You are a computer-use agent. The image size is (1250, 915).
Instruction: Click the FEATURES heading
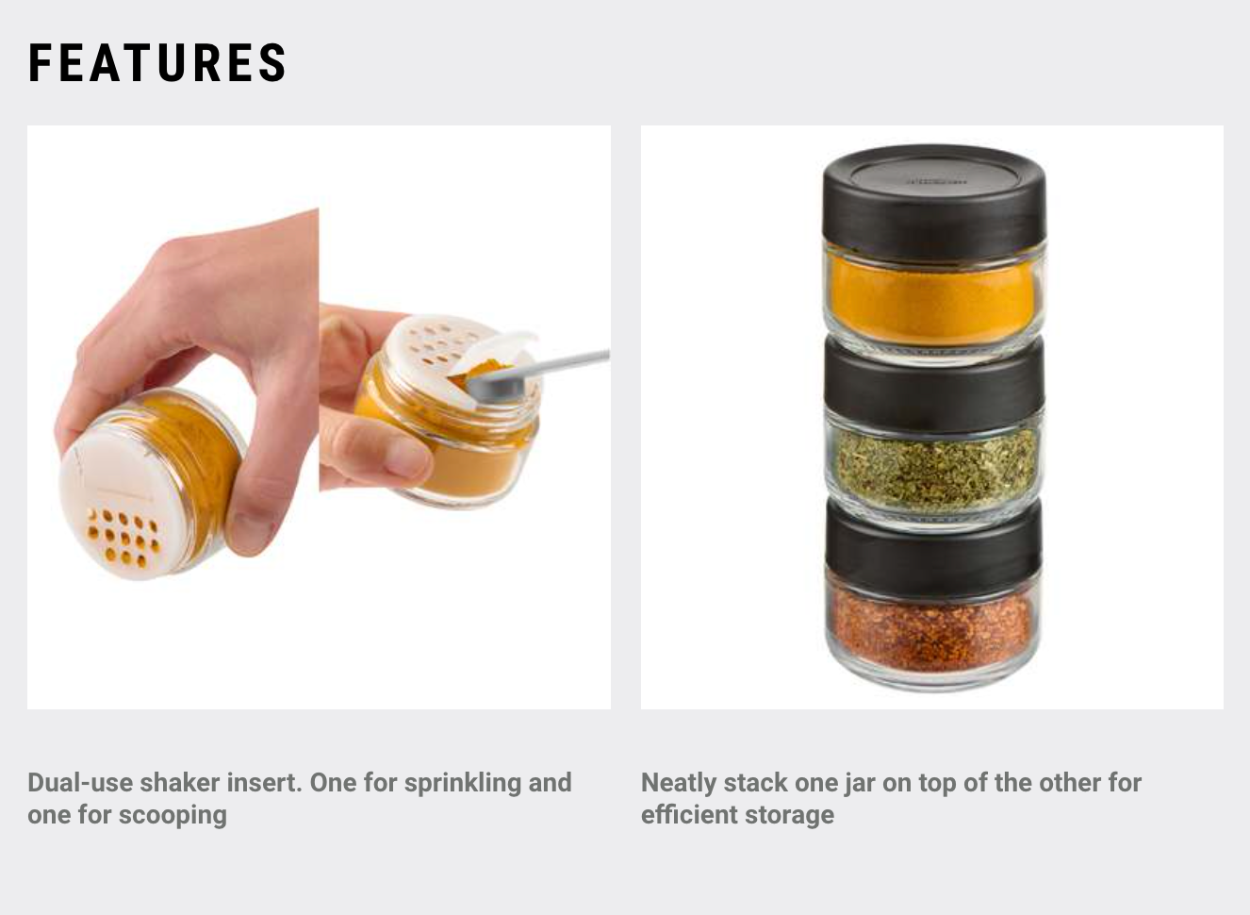157,63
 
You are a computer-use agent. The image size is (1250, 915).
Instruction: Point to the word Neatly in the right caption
678,783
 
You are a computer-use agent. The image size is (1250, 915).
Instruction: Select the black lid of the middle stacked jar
933,382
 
